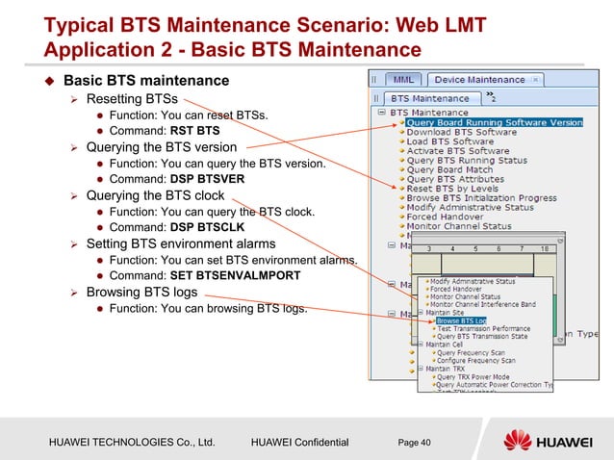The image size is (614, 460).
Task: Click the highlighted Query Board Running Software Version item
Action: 495,122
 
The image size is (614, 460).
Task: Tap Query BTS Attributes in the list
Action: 455,179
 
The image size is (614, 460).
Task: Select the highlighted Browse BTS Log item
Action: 461,320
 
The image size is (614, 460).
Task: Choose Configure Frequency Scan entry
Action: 476,360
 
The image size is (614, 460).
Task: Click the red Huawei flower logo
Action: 518,441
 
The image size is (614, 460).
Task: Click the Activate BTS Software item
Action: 458,151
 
